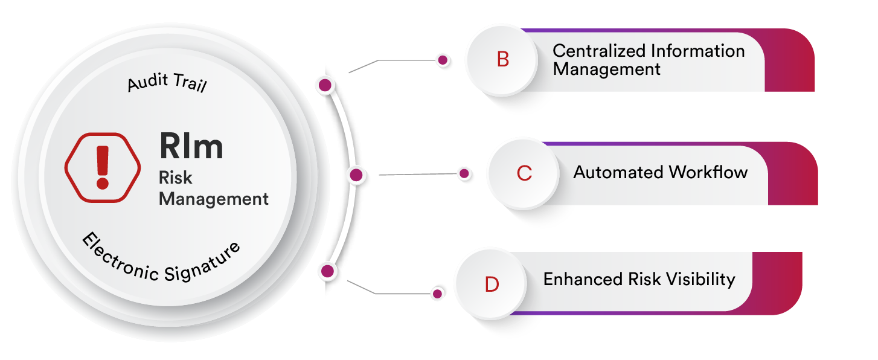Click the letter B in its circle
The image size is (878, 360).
503,60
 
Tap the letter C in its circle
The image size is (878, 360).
525,173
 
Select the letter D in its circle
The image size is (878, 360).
492,284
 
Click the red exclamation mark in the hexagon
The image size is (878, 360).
103,167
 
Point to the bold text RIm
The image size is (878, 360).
191,146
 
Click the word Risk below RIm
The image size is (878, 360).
175,178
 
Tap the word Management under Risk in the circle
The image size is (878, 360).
214,199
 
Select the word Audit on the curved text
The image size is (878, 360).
148,82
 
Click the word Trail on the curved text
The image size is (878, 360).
190,82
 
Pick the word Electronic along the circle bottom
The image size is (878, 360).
120,258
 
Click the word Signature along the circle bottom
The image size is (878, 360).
202,263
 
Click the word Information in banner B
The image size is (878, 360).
697,51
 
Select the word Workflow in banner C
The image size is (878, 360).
708,172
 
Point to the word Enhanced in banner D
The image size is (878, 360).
583,279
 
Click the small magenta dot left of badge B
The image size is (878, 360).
443,60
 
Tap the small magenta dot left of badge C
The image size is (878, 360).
464,173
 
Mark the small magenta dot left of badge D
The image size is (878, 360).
437,294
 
